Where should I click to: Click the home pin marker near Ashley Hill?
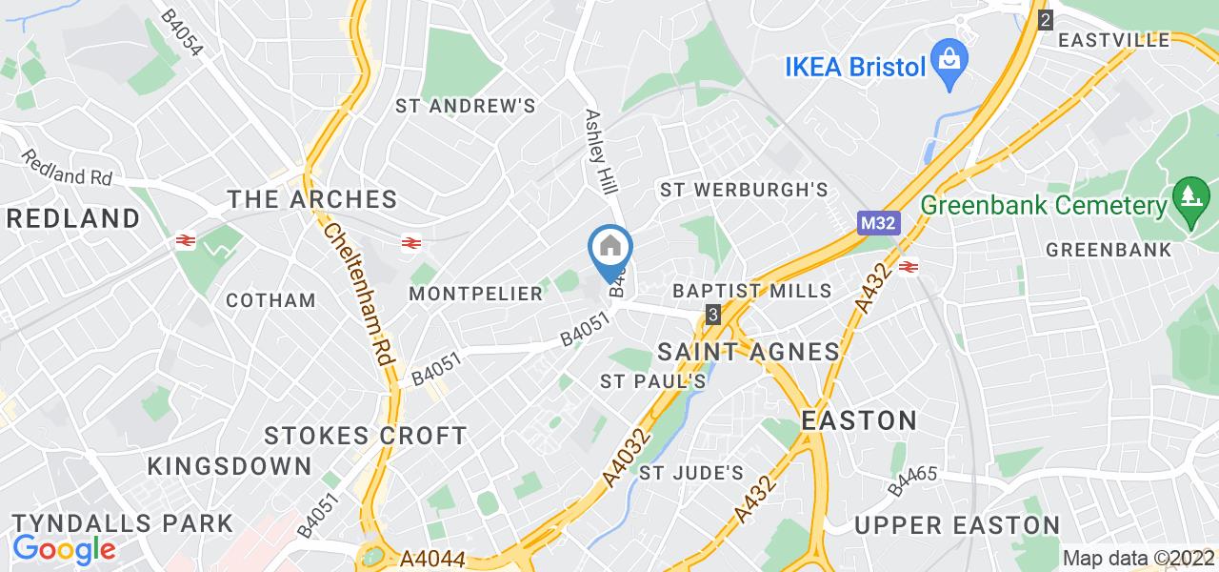(610, 250)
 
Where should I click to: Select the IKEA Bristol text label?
(854, 67)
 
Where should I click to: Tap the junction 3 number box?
(713, 313)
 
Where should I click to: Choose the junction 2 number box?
(1046, 18)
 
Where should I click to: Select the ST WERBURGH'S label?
(744, 190)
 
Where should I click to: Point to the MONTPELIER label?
(475, 294)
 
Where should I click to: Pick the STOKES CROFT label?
(366, 437)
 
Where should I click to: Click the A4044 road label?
(433, 556)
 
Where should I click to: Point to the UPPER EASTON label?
(956, 525)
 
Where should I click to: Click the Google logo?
(64, 548)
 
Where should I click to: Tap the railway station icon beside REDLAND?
(185, 242)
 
